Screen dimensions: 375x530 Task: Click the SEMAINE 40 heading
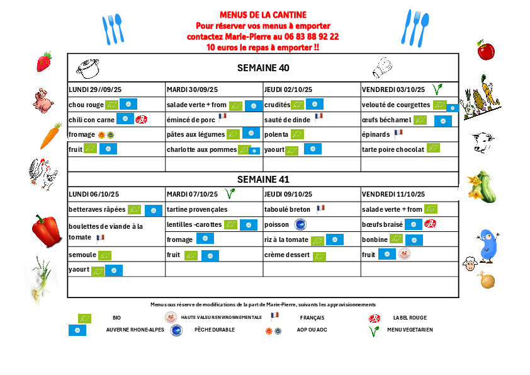[263, 68]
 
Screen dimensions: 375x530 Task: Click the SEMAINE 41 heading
[263, 179]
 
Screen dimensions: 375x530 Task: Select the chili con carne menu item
[92, 119]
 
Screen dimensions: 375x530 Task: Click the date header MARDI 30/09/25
[192, 89]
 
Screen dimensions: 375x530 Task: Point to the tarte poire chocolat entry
[393, 149]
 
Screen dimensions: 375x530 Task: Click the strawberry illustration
[43, 62]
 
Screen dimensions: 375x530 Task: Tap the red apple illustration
[485, 50]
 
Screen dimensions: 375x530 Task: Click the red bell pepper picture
[46, 230]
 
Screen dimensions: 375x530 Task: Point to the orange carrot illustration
[50, 136]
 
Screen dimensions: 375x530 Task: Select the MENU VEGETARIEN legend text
[410, 330]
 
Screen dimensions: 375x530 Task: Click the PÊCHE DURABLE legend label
[215, 330]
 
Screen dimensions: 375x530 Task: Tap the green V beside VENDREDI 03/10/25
[436, 89]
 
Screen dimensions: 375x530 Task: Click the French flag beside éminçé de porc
[222, 117]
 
